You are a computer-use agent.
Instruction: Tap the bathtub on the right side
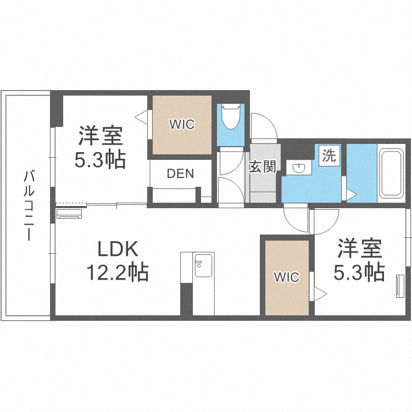(x=391, y=173)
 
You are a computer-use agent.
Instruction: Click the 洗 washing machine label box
(x=329, y=155)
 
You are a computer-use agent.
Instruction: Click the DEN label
(x=180, y=174)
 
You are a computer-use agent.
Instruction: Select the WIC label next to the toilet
(x=182, y=125)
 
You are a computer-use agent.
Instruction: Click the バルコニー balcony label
(x=28, y=206)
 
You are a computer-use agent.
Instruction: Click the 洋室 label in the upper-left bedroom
(x=100, y=136)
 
